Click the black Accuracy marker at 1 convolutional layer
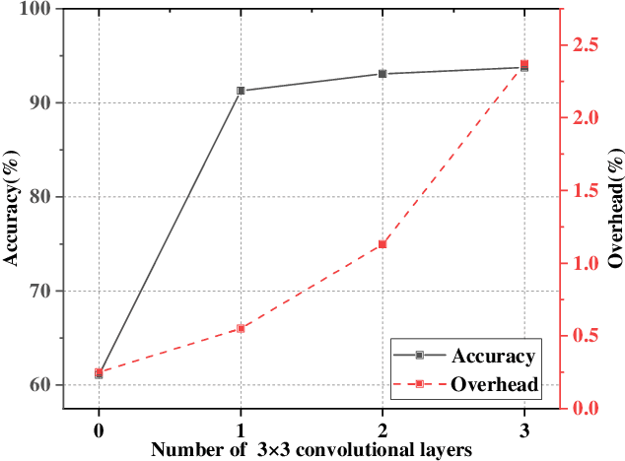tap(241, 91)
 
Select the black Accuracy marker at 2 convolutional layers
tap(382, 74)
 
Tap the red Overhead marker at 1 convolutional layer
tap(241, 328)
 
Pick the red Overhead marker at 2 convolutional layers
tap(382, 244)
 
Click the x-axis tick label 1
tap(241, 428)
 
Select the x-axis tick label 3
tap(524, 428)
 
